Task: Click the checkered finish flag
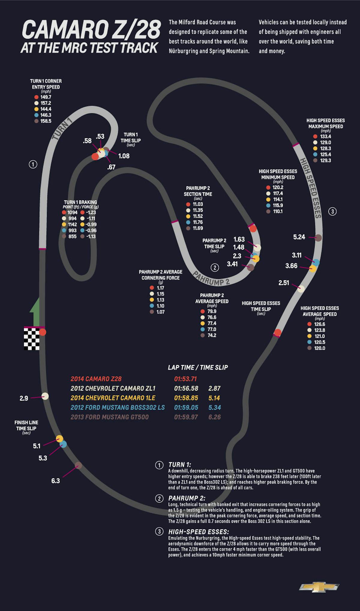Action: [32, 339]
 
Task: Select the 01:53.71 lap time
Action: [185, 379]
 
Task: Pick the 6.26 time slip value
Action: [214, 417]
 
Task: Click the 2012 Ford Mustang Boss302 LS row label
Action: [118, 407]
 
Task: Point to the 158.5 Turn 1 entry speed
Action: [46, 121]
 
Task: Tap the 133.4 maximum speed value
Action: [325, 136]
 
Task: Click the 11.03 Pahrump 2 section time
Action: [198, 204]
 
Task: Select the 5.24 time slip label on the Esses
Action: [299, 237]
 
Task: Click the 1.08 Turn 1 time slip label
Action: [124, 156]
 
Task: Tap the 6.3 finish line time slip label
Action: [55, 481]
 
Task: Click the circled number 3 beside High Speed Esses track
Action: [332, 211]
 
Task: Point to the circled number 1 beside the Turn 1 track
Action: [33, 164]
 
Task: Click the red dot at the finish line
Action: [43, 332]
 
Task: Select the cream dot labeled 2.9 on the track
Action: [45, 396]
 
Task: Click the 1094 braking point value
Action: [72, 212]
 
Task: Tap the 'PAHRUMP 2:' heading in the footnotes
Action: [187, 498]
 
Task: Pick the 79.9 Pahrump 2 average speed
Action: [212, 311]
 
